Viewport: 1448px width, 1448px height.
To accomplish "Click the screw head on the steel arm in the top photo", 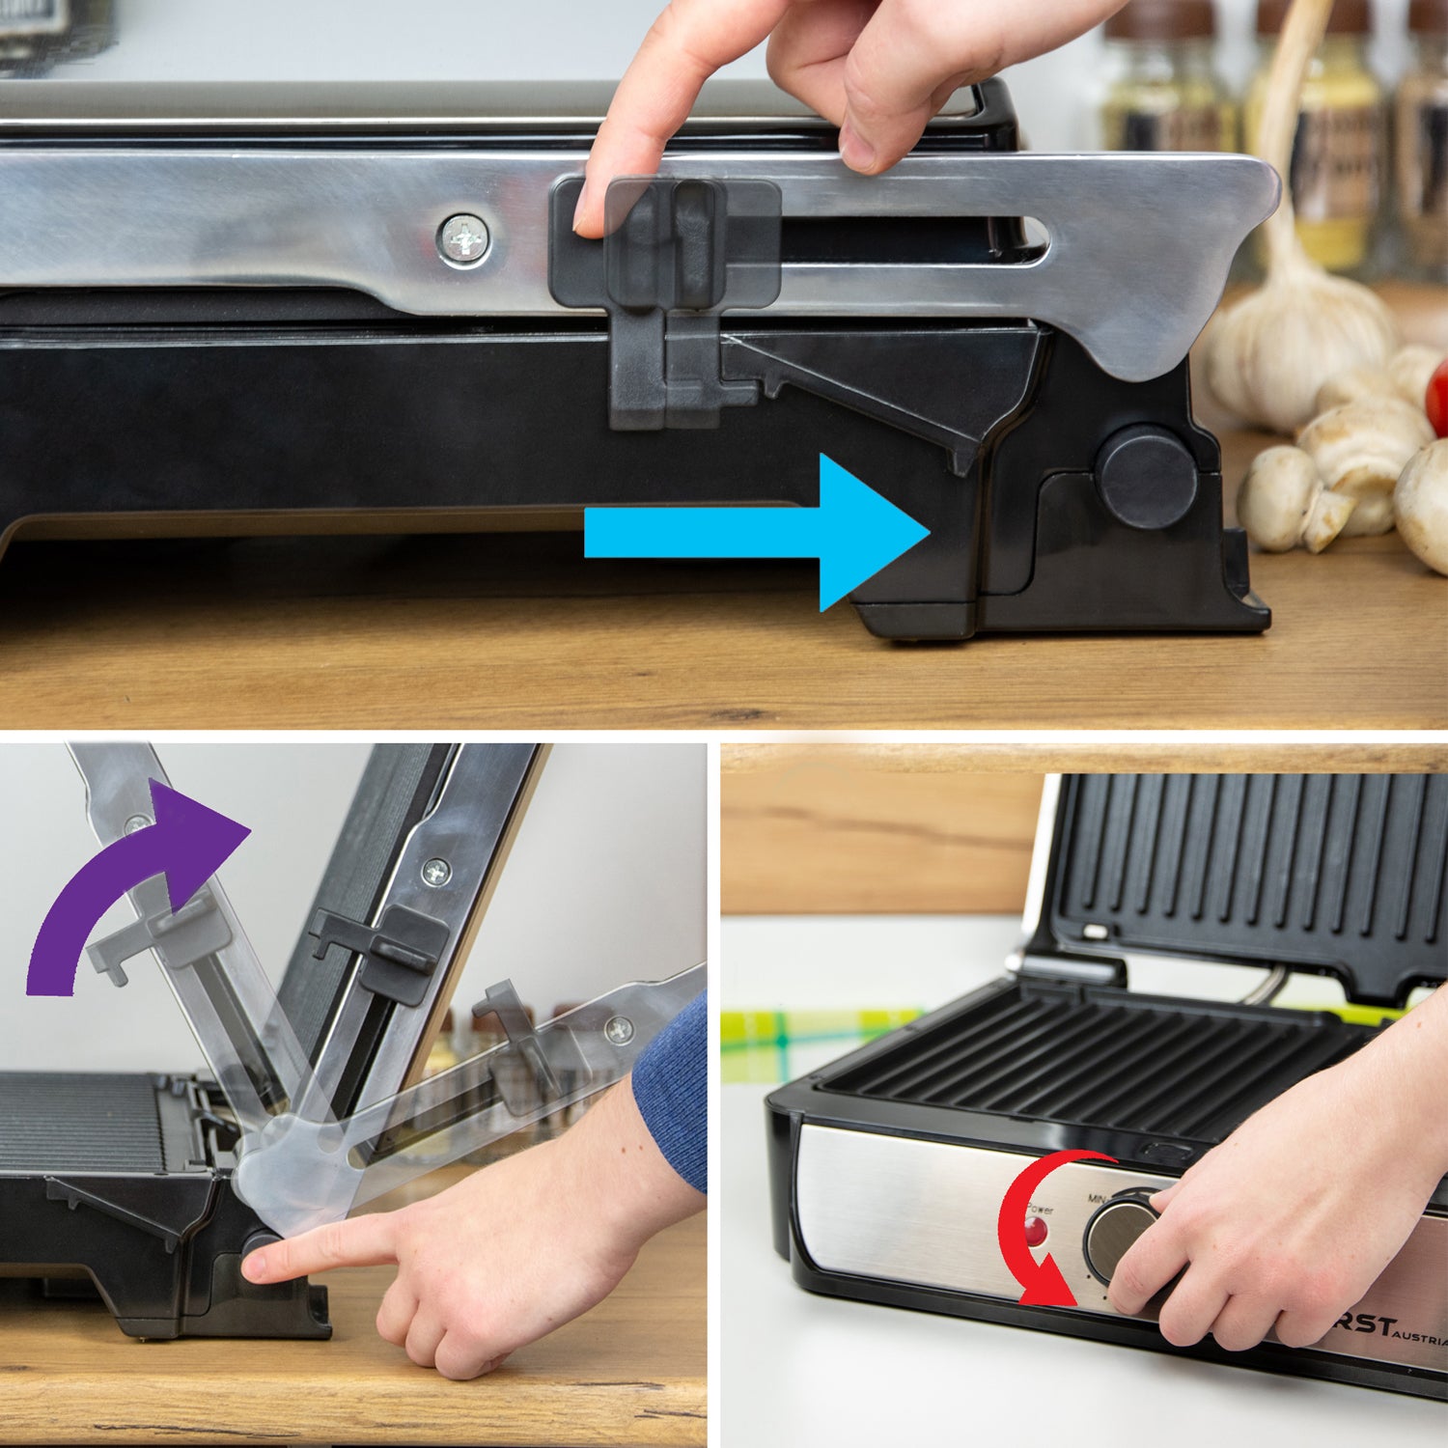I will tap(463, 238).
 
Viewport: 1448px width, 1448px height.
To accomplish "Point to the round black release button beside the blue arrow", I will tap(1146, 477).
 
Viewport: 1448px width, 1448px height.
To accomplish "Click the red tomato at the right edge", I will tap(1439, 397).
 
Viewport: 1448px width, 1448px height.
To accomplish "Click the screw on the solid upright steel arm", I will tap(436, 872).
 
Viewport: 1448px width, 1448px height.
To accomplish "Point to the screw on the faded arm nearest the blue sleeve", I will tap(620, 1030).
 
